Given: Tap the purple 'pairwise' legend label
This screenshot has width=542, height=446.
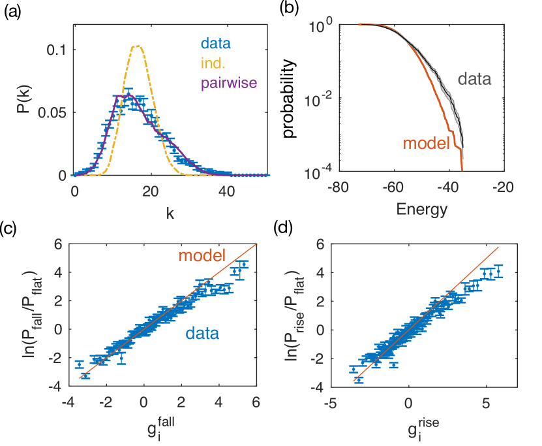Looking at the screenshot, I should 230,82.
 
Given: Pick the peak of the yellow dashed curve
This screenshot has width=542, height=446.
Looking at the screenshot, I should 137,46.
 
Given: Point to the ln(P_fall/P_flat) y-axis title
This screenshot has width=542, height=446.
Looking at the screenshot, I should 28,315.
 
